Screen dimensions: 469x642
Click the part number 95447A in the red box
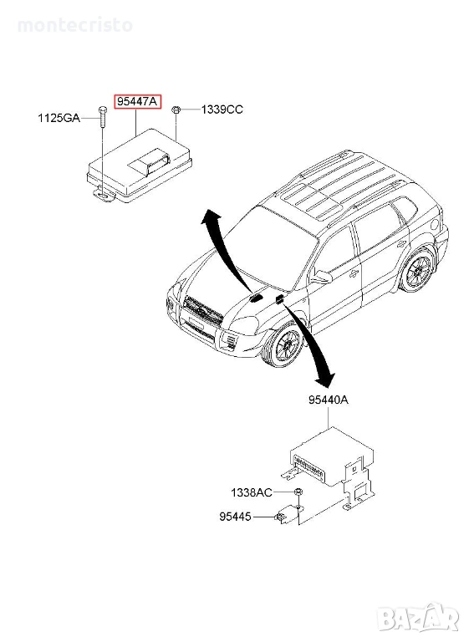tap(138, 101)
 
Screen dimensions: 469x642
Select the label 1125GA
tap(59, 119)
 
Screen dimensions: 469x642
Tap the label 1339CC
tap(222, 110)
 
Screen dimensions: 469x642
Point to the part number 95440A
tap(329, 400)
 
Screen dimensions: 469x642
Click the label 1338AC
tap(252, 492)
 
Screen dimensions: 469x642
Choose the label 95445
tap(236, 517)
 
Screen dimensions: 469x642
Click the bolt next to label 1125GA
tap(102, 117)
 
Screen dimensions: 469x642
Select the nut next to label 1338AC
tap(298, 492)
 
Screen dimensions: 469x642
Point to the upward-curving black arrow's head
tap(210, 217)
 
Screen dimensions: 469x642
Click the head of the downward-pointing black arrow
tap(326, 379)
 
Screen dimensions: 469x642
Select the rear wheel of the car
tap(418, 269)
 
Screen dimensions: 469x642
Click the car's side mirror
tap(324, 277)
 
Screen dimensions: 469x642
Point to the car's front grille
tap(203, 310)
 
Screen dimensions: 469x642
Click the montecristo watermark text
tap(75, 25)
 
